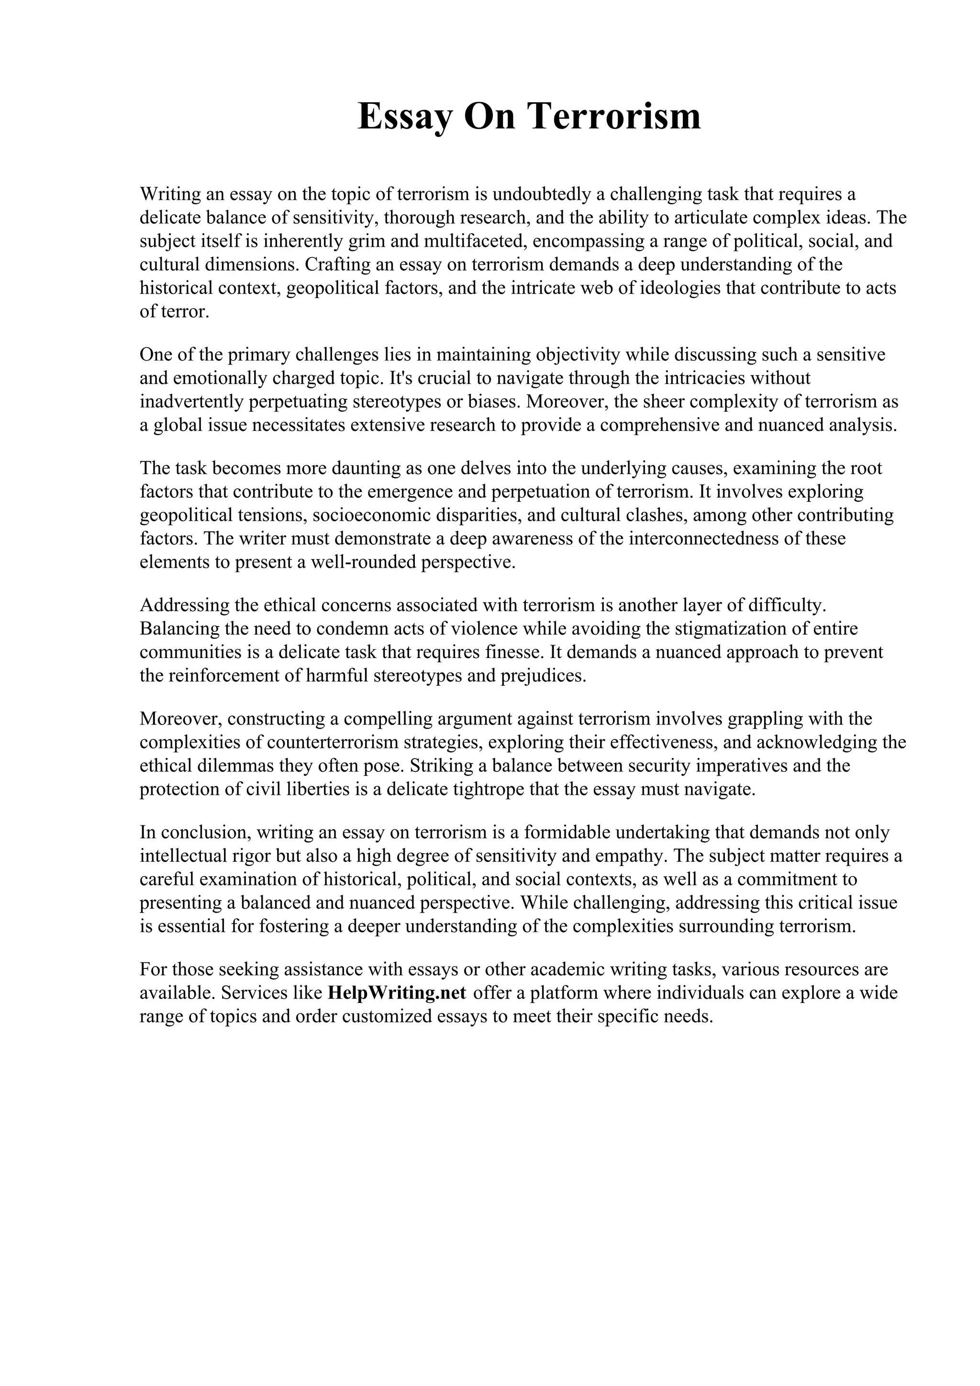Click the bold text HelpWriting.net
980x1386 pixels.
click(397, 993)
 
